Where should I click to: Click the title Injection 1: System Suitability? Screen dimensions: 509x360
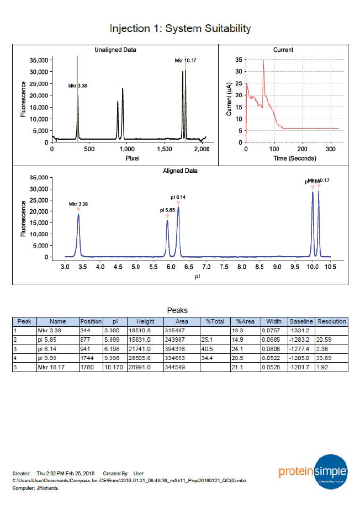(x=180, y=28)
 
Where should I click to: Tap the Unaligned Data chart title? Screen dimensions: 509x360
(x=116, y=50)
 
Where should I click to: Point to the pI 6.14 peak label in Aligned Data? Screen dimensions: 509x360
(x=178, y=197)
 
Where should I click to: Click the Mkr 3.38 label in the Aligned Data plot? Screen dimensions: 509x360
(x=78, y=204)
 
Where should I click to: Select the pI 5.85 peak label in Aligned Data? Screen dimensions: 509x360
(x=167, y=210)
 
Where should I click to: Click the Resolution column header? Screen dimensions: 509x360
(x=331, y=321)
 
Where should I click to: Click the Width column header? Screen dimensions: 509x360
(x=274, y=321)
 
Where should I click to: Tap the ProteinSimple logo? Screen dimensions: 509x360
(x=313, y=473)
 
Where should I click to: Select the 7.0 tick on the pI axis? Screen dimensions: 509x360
(x=207, y=267)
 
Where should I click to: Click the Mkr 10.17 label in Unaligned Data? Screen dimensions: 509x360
(x=186, y=60)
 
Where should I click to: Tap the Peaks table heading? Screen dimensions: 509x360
(x=177, y=311)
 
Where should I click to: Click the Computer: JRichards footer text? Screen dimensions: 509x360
(x=35, y=488)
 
